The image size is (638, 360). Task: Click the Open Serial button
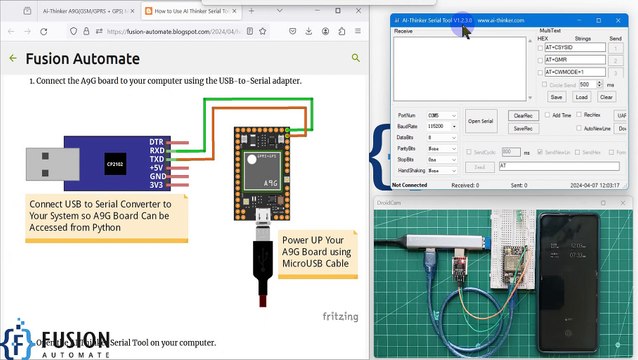coord(481,121)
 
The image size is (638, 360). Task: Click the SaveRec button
coord(522,129)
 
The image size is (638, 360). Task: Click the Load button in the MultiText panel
coord(581,97)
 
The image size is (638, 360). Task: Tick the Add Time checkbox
coord(546,115)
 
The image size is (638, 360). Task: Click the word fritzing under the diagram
coord(341,316)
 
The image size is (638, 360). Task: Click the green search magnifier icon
coord(355,58)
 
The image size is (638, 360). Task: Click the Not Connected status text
coord(410,185)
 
